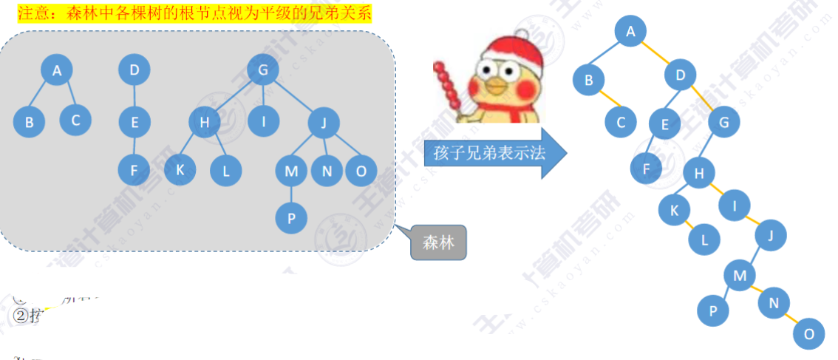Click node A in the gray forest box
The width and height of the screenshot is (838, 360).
pyautogui.click(x=58, y=71)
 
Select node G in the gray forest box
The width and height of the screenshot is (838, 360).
pyautogui.click(x=262, y=71)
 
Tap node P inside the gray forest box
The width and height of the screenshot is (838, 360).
pyautogui.click(x=291, y=217)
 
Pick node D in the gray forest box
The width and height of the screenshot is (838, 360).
pyautogui.click(x=134, y=70)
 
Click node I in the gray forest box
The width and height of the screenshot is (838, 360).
pyautogui.click(x=262, y=121)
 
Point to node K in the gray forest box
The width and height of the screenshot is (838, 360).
pyautogui.click(x=180, y=169)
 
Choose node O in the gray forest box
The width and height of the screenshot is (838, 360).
pyautogui.click(x=361, y=171)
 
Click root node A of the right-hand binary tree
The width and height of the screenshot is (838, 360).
pyautogui.click(x=630, y=31)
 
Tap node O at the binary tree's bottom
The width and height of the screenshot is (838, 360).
pyautogui.click(x=809, y=334)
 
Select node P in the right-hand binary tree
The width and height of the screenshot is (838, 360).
pyautogui.click(x=713, y=311)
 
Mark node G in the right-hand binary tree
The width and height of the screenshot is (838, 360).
pyautogui.click(x=723, y=123)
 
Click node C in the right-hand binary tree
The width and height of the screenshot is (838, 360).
pyautogui.click(x=621, y=123)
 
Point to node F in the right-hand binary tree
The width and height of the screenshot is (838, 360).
pyautogui.click(x=647, y=169)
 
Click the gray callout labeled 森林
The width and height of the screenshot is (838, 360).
pyautogui.click(x=438, y=242)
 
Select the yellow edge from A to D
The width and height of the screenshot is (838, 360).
pyautogui.click(x=655, y=52)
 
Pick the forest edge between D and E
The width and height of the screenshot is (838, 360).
pyautogui.click(x=134, y=96)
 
